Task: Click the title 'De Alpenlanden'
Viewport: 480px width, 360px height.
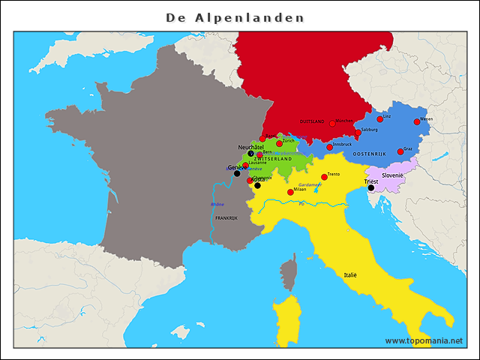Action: pyautogui.click(x=235, y=16)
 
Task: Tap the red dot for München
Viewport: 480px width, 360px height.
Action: pyautogui.click(x=332, y=124)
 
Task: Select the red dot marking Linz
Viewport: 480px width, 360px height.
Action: pyautogui.click(x=379, y=118)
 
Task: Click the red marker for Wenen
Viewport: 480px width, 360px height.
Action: pyautogui.click(x=417, y=121)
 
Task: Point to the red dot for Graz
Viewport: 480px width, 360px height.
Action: pyautogui.click(x=400, y=151)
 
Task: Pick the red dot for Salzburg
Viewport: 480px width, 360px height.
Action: pyautogui.click(x=358, y=133)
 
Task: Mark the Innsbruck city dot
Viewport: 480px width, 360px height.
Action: pyautogui.click(x=329, y=147)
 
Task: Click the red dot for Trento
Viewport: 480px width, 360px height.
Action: pyautogui.click(x=324, y=177)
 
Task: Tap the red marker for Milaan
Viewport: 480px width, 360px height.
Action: pyautogui.click(x=290, y=192)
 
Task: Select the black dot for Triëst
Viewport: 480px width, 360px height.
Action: pyautogui.click(x=370, y=188)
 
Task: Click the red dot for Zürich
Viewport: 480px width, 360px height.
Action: pyautogui.click(x=279, y=143)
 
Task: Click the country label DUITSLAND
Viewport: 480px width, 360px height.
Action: pyautogui.click(x=312, y=121)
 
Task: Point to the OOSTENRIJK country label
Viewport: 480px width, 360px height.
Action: pyautogui.click(x=369, y=154)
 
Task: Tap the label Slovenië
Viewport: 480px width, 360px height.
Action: pyautogui.click(x=393, y=175)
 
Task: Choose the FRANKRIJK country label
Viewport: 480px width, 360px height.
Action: pyautogui.click(x=226, y=218)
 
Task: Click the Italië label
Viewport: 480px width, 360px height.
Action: pyautogui.click(x=350, y=275)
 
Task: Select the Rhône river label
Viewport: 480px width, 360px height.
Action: pyautogui.click(x=217, y=204)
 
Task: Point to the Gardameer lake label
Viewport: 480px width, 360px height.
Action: pyautogui.click(x=310, y=184)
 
